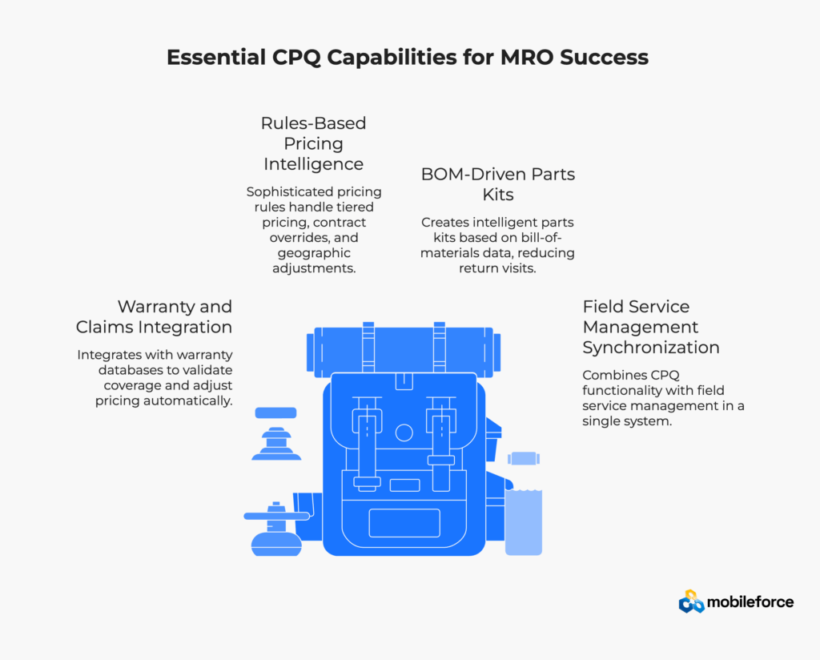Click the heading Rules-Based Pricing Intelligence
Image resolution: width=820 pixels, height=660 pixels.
tap(313, 143)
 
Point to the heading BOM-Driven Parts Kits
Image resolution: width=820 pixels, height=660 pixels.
tap(497, 183)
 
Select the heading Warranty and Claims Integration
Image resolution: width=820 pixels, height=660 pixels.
tap(154, 316)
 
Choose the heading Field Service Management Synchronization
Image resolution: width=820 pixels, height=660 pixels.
tap(650, 327)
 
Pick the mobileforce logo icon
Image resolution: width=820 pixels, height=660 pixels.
tap(691, 601)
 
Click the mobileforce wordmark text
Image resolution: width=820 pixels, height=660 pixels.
tap(750, 601)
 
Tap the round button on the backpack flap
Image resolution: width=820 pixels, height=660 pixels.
tap(404, 433)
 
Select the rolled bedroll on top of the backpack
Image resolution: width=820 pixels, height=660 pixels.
tap(404, 351)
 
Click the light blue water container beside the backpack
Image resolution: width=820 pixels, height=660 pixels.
tap(524, 521)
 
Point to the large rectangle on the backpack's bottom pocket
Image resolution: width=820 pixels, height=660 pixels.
tap(404, 522)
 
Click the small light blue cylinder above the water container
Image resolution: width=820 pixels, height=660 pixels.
tap(523, 459)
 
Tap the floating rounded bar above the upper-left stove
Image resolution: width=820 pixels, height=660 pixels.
tap(276, 413)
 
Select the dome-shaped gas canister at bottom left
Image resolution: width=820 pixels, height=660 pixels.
tap(276, 544)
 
